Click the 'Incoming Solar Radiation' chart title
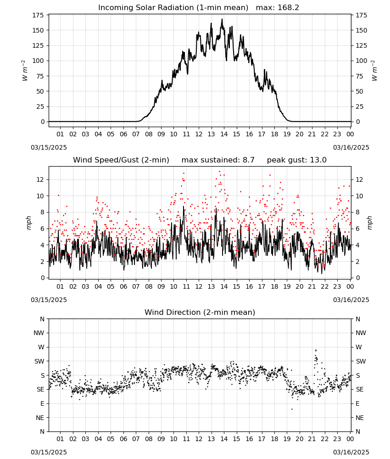coord(146,8)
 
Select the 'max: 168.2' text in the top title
coord(278,8)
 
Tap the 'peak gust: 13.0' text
coord(297,160)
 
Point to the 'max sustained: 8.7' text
coord(218,160)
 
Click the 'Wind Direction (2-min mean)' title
coord(200,312)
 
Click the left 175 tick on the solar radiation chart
coord(39,15)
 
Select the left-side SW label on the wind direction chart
coord(39,361)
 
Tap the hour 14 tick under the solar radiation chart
coord(224,134)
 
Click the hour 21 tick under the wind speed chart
coord(312,286)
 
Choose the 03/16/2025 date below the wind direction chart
coord(351,452)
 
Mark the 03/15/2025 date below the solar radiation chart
coord(49,147)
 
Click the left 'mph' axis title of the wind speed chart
coord(28,223)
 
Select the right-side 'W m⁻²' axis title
coord(374,71)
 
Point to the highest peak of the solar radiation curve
coord(222,19)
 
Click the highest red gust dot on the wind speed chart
coord(220,172)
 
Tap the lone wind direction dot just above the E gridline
coord(292,409)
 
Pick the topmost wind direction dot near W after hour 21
coord(316,350)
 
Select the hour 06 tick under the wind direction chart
coord(123,439)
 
